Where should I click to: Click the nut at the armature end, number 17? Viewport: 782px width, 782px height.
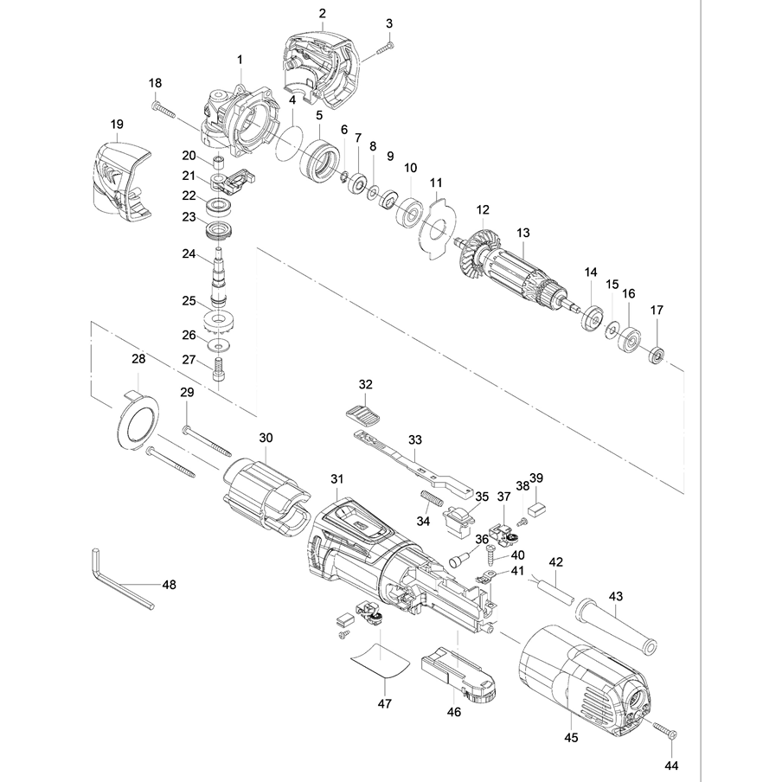[657, 353]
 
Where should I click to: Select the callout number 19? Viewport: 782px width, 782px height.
[118, 125]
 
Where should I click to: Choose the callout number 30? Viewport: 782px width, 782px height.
[266, 437]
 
